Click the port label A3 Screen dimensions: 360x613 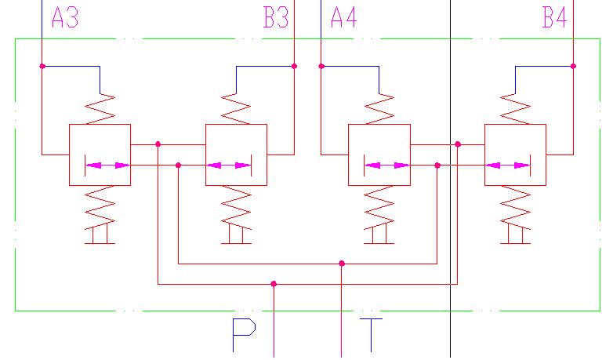[x=64, y=18]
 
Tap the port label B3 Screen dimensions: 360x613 [x=276, y=18]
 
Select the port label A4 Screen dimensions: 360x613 [x=343, y=18]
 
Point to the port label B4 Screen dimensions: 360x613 [x=554, y=18]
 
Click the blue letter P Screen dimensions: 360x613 [x=245, y=335]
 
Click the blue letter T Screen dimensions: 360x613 [x=371, y=335]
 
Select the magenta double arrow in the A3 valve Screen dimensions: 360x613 [x=107, y=165]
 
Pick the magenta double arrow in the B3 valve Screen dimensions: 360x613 [x=230, y=165]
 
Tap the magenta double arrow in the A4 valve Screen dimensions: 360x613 [x=387, y=165]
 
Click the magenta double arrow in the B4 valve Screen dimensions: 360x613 [x=508, y=165]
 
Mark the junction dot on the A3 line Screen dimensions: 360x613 [x=42, y=66]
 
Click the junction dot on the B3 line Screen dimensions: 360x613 [x=294, y=66]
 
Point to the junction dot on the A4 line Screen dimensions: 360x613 [x=321, y=66]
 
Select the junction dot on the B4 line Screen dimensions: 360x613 [x=573, y=66]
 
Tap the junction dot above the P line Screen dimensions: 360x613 [x=274, y=284]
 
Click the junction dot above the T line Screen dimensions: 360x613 [x=342, y=264]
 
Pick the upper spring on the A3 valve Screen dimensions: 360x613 [x=100, y=108]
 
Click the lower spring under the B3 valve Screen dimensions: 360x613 [x=237, y=205]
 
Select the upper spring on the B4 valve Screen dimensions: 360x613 [x=515, y=108]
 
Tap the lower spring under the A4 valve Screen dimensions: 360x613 [x=379, y=205]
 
